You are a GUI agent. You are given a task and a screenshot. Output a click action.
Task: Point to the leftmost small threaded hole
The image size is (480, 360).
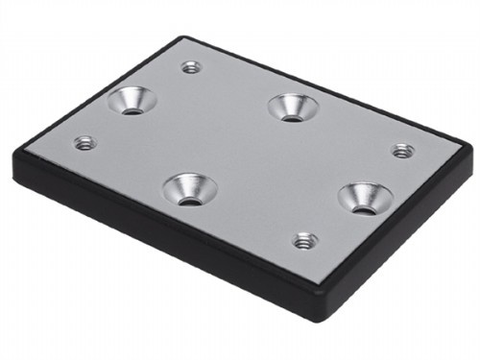(x=85, y=143)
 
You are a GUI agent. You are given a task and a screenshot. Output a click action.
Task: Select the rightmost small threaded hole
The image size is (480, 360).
(x=403, y=151)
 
